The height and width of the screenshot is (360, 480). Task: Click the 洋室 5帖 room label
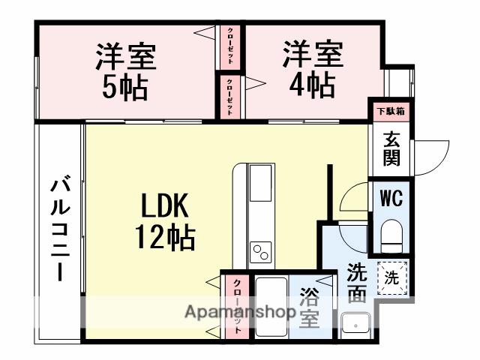(125, 72)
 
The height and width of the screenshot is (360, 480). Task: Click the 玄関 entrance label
(391, 148)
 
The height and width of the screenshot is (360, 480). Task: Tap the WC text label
(391, 199)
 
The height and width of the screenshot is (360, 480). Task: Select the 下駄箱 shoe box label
(390, 111)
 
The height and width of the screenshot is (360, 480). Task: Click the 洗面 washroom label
(357, 283)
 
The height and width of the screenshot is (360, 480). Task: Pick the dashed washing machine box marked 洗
(392, 277)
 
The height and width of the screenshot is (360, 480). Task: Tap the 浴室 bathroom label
(309, 307)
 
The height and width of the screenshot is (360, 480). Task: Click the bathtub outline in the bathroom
(271, 307)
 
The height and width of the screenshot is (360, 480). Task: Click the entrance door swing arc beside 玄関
(427, 156)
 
